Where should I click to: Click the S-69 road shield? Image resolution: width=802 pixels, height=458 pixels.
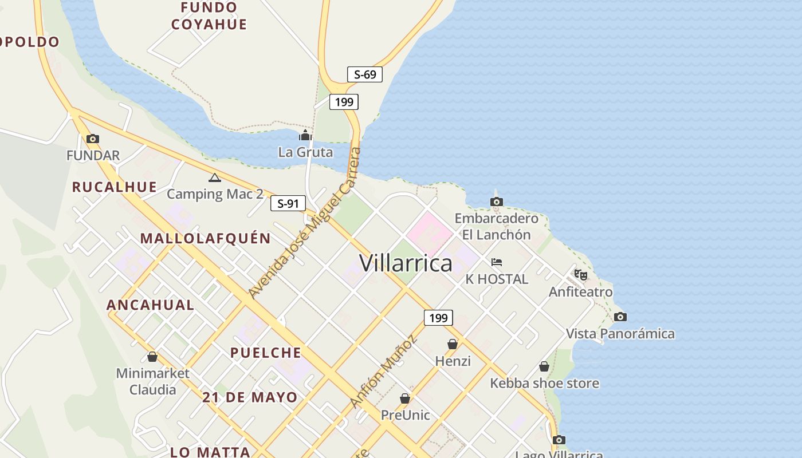tap(364, 74)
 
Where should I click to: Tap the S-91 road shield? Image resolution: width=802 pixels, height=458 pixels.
tap(288, 203)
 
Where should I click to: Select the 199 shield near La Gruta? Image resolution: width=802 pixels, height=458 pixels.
tap(344, 102)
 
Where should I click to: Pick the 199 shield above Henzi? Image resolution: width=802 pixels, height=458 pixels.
tap(438, 318)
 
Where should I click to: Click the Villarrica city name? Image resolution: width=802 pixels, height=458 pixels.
tap(406, 263)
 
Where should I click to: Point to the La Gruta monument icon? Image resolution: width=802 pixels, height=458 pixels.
tap(305, 136)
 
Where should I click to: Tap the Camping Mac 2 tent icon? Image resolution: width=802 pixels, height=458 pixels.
tap(214, 178)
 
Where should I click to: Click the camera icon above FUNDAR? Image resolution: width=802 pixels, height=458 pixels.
tap(92, 139)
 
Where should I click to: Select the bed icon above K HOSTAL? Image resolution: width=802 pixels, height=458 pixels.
tap(497, 262)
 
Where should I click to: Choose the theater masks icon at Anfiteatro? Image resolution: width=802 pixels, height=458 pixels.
tap(581, 275)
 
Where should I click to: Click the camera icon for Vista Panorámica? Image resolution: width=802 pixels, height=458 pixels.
tap(620, 317)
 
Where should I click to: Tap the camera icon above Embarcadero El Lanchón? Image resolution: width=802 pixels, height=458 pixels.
tap(497, 202)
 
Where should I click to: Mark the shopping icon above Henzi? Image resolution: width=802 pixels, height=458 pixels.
tap(453, 344)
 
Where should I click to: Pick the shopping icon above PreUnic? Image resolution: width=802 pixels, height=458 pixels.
tap(405, 398)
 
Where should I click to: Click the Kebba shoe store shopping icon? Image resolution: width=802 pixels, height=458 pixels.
tap(544, 366)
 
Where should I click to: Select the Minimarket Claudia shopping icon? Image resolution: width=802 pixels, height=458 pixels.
tap(152, 357)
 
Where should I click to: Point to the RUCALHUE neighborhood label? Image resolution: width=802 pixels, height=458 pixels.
tap(115, 187)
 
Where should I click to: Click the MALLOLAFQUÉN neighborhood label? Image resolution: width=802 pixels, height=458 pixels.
tap(206, 238)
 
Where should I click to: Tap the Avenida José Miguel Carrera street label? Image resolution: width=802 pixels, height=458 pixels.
tap(305, 223)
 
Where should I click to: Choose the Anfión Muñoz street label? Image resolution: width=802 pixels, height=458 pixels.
tap(383, 372)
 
